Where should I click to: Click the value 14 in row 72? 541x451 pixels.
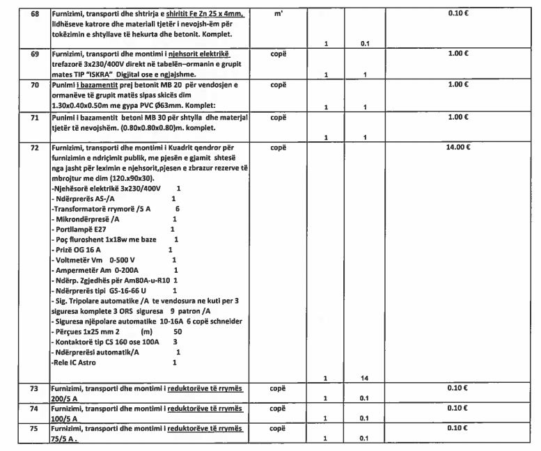pos(364,377)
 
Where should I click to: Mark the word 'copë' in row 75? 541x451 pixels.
pos(279,430)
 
